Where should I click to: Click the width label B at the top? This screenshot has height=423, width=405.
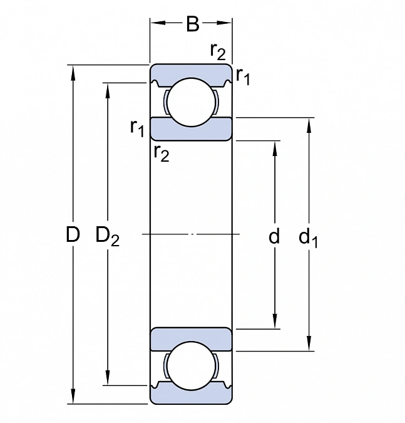(x=192, y=24)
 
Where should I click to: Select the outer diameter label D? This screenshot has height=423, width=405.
(x=73, y=236)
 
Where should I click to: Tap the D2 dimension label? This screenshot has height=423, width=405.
(x=107, y=236)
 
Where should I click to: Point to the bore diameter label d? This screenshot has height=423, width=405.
(x=274, y=236)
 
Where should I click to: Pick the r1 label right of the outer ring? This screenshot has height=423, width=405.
(x=243, y=76)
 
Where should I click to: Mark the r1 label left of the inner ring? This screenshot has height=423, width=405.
(x=137, y=127)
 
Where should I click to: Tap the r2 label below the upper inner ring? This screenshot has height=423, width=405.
(x=161, y=152)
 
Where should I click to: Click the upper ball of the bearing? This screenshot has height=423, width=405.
(x=190, y=102)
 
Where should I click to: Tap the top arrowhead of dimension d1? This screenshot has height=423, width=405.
(x=309, y=123)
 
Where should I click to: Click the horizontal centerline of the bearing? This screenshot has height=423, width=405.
(x=191, y=234)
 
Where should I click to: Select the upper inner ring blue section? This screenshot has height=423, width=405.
(x=190, y=129)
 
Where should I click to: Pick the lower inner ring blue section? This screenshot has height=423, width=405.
(x=190, y=339)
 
